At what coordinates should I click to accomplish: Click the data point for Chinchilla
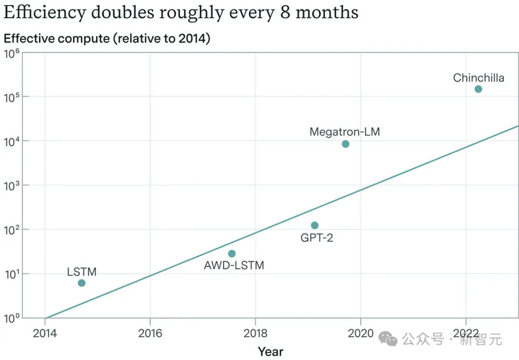coord(478,89)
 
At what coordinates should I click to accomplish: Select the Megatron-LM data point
coord(346,144)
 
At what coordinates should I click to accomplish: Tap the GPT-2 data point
coord(315,225)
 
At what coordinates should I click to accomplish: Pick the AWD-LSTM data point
coord(232,254)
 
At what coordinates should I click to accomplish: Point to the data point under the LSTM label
coord(82,283)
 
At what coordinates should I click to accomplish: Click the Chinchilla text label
coord(479,78)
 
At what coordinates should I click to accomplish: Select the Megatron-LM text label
coord(345,132)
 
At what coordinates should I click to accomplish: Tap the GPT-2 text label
coord(317,238)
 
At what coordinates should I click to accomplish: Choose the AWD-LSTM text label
coord(234,265)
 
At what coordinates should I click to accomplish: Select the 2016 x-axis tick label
coord(150,333)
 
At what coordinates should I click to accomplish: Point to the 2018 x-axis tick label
coord(256,333)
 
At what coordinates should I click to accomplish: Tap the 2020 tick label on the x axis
coord(361,333)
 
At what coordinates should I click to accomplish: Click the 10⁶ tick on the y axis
coord(12,54)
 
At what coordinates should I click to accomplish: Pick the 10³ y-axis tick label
coord(12,186)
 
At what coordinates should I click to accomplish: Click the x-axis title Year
coord(271,351)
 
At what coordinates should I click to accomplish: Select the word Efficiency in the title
coord(45,12)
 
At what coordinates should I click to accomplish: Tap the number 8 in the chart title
coord(284,12)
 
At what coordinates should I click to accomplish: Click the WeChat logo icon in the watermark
coord(388,339)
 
